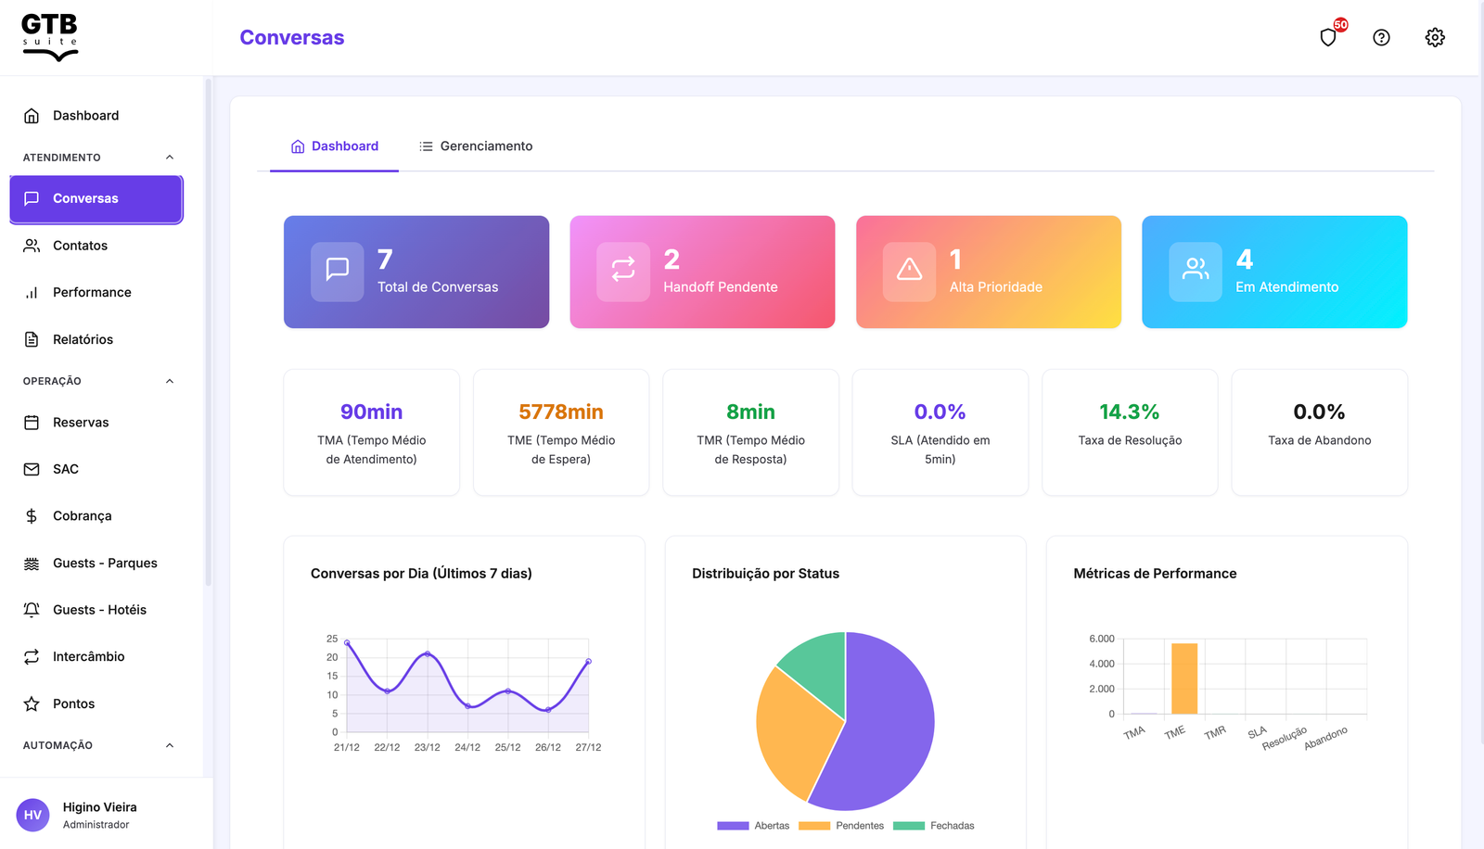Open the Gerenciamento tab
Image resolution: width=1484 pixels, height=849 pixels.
point(476,146)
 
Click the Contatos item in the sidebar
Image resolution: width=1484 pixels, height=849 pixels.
point(80,246)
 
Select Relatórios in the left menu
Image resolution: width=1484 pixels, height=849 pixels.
point(83,339)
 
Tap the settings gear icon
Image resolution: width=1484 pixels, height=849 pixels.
point(1435,37)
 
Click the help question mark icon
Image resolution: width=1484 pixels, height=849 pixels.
point(1381,37)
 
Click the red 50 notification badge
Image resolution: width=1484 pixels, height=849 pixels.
point(1340,25)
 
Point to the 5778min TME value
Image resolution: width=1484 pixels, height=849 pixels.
point(560,412)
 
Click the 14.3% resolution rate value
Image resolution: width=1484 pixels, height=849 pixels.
point(1129,412)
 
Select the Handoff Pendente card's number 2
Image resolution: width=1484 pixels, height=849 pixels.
point(672,260)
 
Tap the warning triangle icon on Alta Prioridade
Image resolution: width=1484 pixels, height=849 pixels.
point(909,270)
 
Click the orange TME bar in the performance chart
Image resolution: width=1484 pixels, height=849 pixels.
point(1183,678)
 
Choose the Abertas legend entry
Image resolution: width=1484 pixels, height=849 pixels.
point(753,826)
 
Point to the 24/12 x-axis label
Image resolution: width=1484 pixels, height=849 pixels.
point(467,747)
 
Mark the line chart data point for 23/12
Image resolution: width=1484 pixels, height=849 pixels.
point(428,654)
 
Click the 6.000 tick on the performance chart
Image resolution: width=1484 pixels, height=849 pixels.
point(1101,639)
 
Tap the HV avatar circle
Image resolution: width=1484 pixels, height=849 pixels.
point(32,815)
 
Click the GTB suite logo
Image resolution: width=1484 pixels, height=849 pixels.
point(50,37)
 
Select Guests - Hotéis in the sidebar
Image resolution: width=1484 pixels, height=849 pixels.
point(99,610)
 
